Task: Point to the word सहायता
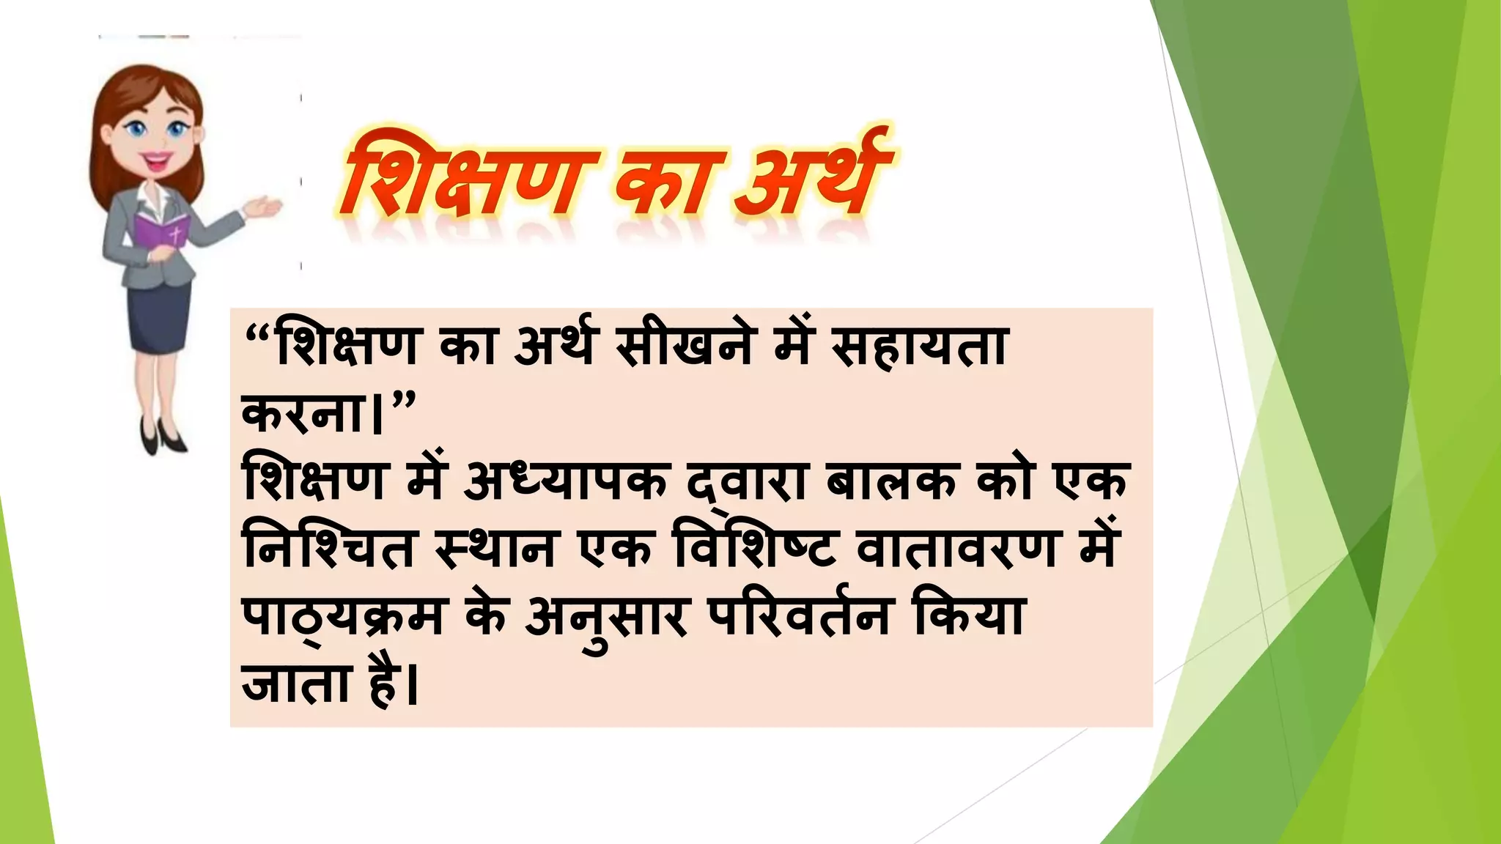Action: (x=920, y=346)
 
